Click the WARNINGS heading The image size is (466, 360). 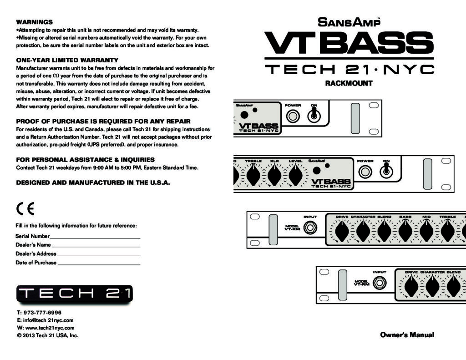(34, 22)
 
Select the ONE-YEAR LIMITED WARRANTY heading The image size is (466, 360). (67, 60)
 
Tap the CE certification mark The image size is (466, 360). (25, 209)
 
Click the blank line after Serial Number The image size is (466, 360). (95, 238)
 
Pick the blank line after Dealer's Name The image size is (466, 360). (96, 247)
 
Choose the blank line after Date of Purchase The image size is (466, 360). (99, 264)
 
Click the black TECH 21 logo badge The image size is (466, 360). (75, 294)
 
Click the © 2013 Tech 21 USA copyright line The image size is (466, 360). (47, 335)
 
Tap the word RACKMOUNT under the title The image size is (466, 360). (349, 83)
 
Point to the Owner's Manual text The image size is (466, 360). (407, 335)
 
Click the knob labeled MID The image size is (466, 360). (426, 231)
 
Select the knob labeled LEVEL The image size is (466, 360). (296, 175)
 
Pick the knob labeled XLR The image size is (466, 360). (274, 175)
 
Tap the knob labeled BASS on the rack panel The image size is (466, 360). (405, 231)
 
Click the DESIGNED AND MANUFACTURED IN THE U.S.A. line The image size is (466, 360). (93, 183)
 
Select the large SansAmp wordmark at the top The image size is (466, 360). (349, 22)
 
